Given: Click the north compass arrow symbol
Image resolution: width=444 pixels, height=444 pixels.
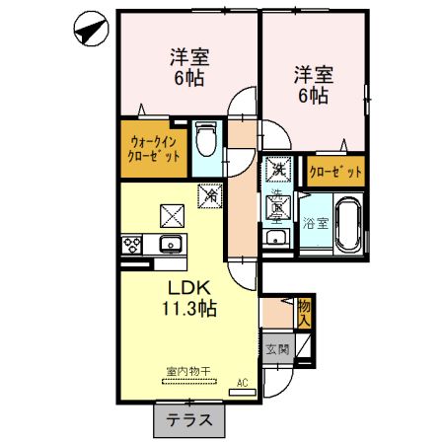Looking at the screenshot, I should [x=90, y=32].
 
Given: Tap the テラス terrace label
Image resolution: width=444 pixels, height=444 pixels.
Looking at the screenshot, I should [x=188, y=419].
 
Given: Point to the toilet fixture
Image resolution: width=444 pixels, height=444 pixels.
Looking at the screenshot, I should [x=205, y=140].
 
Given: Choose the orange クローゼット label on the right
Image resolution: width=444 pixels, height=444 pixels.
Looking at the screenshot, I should [x=335, y=172].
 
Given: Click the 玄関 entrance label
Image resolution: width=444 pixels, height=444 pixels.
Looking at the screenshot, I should [x=276, y=348].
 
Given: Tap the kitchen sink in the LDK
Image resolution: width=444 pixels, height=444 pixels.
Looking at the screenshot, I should [x=171, y=244].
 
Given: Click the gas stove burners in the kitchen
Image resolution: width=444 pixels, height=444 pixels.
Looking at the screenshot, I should [x=132, y=244].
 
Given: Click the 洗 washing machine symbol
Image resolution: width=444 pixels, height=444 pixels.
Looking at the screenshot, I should [x=279, y=170].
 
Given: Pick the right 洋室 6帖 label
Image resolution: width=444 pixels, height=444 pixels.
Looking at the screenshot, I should [x=311, y=85].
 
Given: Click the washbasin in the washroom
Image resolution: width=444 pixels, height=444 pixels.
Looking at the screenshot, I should [x=278, y=240].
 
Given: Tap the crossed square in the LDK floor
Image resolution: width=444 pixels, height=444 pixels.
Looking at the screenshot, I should [x=172, y=213].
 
